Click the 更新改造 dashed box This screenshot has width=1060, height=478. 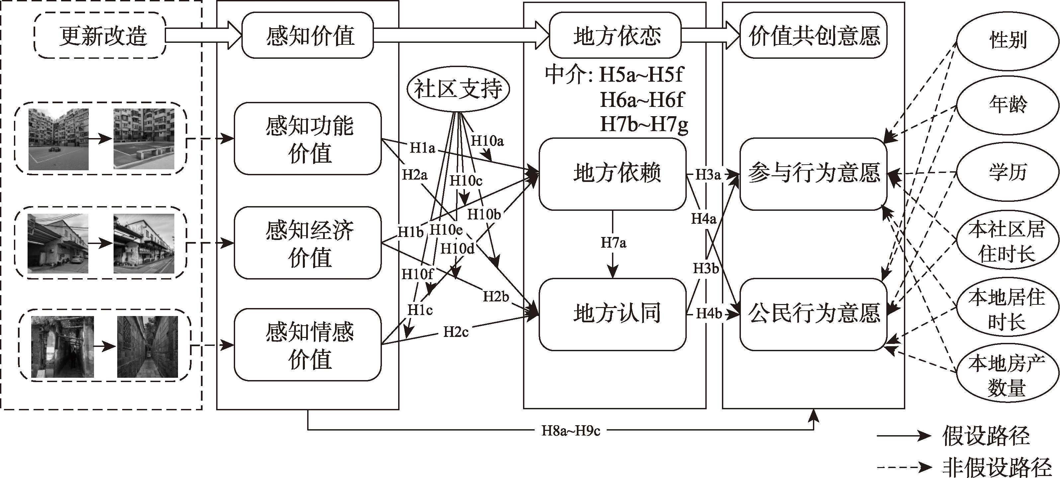100,36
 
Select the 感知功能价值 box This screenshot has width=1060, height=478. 308,139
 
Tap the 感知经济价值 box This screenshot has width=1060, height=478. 308,243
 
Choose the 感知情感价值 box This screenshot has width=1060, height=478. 308,345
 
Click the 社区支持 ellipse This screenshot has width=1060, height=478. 458,89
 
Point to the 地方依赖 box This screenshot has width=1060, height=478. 613,174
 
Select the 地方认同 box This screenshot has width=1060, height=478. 613,314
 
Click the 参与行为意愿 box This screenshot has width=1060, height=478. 813,174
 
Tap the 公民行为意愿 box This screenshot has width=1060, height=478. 813,314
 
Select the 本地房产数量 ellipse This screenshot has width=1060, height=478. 1007,375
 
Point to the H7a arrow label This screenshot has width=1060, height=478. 613,243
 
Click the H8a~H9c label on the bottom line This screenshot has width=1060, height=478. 571,431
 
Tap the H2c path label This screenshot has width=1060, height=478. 456,332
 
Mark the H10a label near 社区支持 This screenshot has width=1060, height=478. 487,141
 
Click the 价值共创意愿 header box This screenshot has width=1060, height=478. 814,36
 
